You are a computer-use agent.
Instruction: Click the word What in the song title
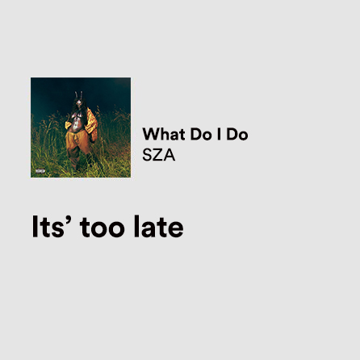click(161, 134)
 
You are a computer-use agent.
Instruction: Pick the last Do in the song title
click(237, 134)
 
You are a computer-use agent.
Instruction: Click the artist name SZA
click(158, 154)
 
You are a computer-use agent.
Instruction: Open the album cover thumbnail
click(81, 127)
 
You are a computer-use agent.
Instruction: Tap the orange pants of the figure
click(78, 145)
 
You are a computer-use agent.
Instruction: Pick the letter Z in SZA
click(158, 154)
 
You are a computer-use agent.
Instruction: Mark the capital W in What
click(150, 134)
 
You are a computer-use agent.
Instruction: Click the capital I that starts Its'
click(35, 228)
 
